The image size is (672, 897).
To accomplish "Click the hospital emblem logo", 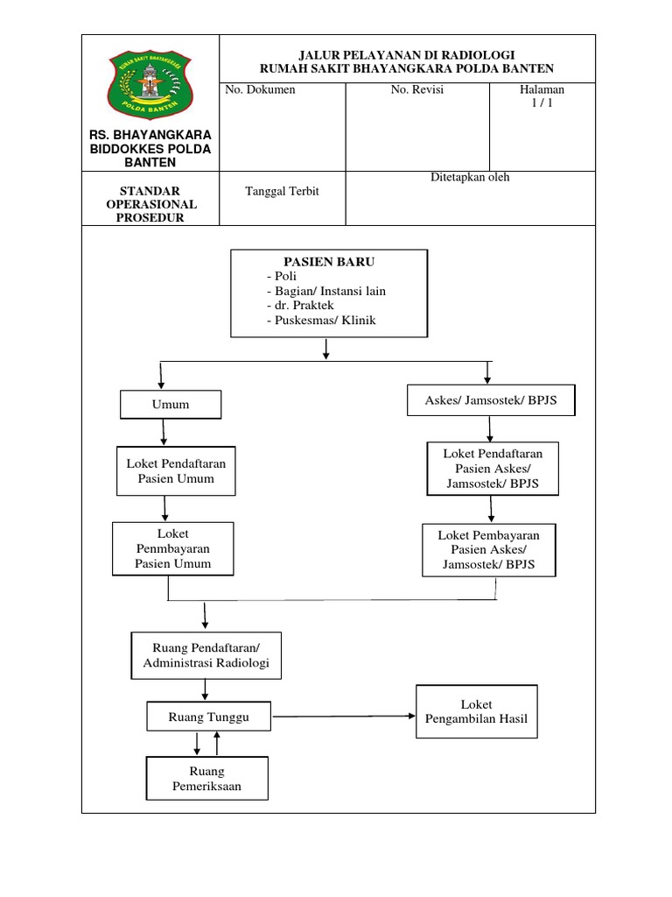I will tap(150, 82).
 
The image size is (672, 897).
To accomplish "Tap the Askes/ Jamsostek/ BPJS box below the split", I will tap(494, 400).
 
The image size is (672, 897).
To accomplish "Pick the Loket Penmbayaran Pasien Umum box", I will tap(173, 548).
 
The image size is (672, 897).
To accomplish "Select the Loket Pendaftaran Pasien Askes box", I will tap(493, 468).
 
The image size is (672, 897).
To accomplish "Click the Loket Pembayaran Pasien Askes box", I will tap(488, 550).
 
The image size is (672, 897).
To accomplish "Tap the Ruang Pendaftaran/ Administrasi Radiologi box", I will tap(206, 655).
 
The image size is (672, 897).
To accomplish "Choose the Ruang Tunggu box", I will tap(208, 717).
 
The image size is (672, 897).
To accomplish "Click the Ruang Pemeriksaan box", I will tap(206, 779).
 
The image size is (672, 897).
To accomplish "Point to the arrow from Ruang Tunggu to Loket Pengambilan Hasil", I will tap(345, 717).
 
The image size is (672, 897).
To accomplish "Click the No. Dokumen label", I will tap(261, 90).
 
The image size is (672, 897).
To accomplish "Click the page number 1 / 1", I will tap(542, 102).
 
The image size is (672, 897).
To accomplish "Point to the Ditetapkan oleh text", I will tap(469, 177).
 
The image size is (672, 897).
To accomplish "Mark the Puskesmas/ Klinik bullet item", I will tap(320, 321).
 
